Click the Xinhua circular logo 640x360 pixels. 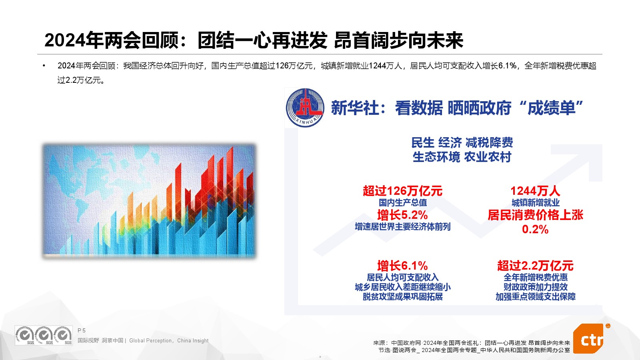tap(305, 108)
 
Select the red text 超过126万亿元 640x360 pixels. tap(402, 191)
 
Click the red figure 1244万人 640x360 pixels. tap(535, 191)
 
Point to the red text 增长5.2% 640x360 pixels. tap(402, 215)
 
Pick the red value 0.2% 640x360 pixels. tap(535, 229)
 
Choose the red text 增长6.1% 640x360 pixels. tap(402, 266)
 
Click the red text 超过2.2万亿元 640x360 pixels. tap(535, 266)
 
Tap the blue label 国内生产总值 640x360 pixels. tap(402, 202)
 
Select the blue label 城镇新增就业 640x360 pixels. tap(536, 202)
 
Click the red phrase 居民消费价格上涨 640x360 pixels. tap(535, 215)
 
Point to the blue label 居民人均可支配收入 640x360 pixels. tap(402, 277)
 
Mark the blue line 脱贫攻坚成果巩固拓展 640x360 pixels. tap(402, 296)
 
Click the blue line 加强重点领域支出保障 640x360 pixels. tap(536, 296)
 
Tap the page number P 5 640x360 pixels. tap(82, 330)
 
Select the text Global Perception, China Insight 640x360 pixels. tap(169, 340)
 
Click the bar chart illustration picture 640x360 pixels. tap(149, 201)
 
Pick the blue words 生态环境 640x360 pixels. tap(436, 157)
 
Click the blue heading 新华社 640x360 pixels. tap(355, 108)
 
